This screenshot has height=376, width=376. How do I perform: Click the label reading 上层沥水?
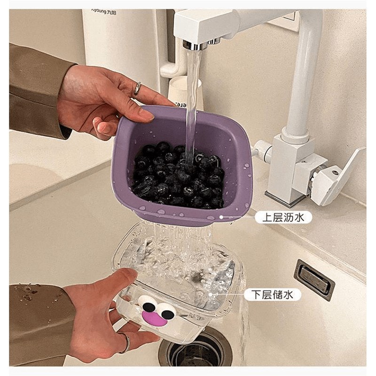283,217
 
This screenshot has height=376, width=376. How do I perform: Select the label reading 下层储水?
272,295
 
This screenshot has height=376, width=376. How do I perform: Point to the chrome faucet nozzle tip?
194,45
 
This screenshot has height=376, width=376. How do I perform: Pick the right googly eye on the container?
165,310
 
